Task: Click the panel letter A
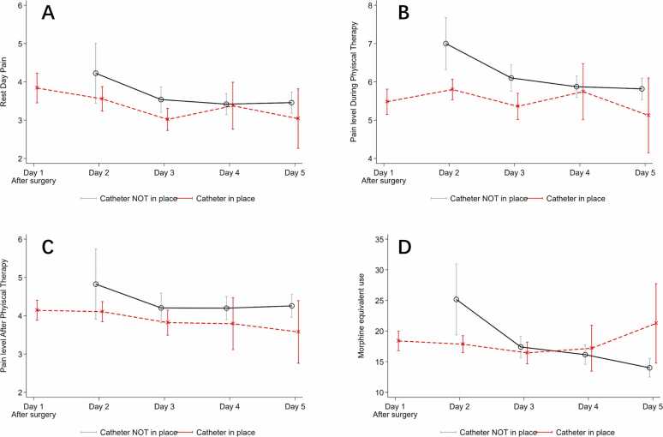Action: pos(48,14)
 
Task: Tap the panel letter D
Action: pos(404,247)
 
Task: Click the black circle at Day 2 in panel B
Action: pos(445,44)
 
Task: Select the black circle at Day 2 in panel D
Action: pos(457,299)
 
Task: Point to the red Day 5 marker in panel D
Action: pos(656,323)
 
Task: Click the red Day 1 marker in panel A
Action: pos(37,88)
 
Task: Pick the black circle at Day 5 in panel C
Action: pos(292,306)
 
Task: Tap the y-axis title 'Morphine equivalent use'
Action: pos(361,316)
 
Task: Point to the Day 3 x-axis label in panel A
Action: pos(164,172)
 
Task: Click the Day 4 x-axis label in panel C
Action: pos(230,406)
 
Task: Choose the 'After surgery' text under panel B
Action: pos(384,181)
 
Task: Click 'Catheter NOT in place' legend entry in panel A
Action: pos(139,199)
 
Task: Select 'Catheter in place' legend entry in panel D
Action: pos(585,433)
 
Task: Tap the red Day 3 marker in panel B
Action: pos(517,105)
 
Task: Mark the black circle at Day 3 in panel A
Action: pos(161,99)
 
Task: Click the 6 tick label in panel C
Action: pos(21,239)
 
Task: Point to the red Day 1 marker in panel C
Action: pos(37,310)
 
